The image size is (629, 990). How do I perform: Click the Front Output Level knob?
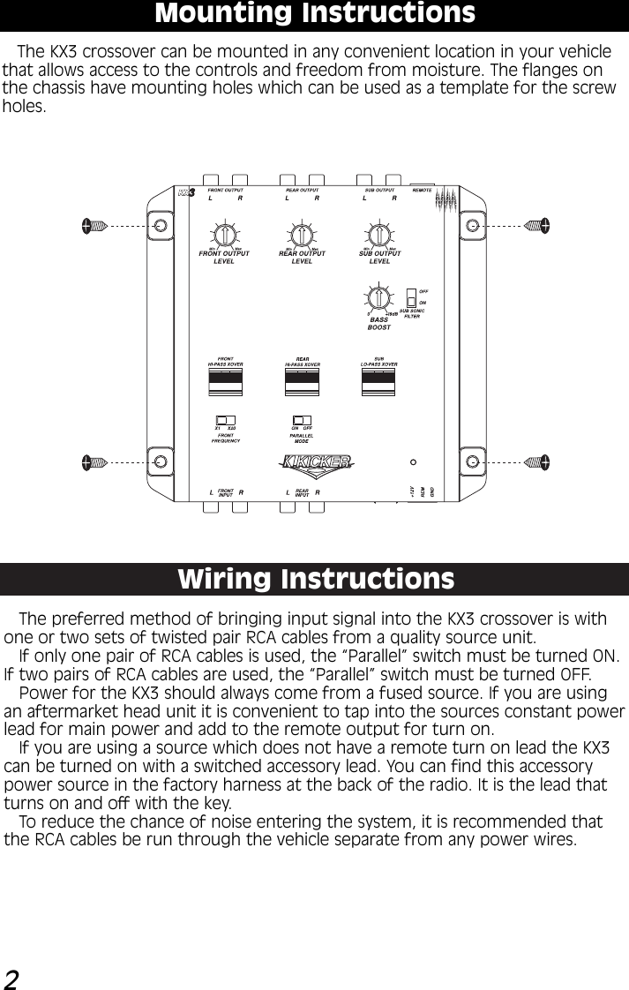pos(225,235)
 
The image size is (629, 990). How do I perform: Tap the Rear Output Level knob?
pos(303,235)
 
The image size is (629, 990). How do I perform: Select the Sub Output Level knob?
pos(380,235)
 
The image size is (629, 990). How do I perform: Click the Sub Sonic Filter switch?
pos(411,297)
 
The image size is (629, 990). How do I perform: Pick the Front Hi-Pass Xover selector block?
pos(226,381)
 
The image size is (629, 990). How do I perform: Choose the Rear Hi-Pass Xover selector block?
pos(303,381)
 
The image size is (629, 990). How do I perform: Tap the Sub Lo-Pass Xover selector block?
pos(379,381)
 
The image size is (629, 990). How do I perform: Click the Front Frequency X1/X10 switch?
pos(226,420)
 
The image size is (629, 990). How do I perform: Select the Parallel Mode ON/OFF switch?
pos(302,420)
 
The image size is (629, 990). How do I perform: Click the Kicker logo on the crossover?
pos(317,461)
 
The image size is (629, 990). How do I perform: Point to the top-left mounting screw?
pos(94,225)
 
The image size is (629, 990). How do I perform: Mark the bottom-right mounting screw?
pos(535,461)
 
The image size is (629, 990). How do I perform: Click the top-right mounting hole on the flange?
pos(473,225)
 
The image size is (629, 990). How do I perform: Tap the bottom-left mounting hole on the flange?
pos(161,461)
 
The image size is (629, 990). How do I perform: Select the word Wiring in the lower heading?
pos(225,580)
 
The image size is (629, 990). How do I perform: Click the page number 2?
pos(12,978)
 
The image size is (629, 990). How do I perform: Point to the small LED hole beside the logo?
pos(413,461)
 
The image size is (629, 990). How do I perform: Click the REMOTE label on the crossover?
pos(423,190)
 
